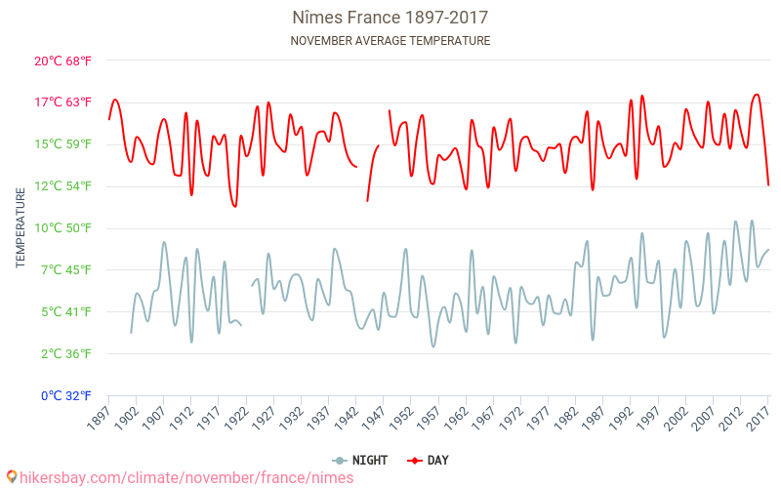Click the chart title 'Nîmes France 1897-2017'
(x=390, y=18)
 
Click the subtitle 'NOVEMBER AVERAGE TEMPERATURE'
(x=390, y=41)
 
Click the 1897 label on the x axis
(x=100, y=419)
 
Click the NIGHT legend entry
(x=362, y=460)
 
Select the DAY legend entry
(x=429, y=460)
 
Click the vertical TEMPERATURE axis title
(x=21, y=228)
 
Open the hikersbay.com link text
(x=186, y=477)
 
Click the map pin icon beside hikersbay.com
(x=12, y=477)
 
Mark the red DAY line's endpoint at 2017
(x=768, y=184)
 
